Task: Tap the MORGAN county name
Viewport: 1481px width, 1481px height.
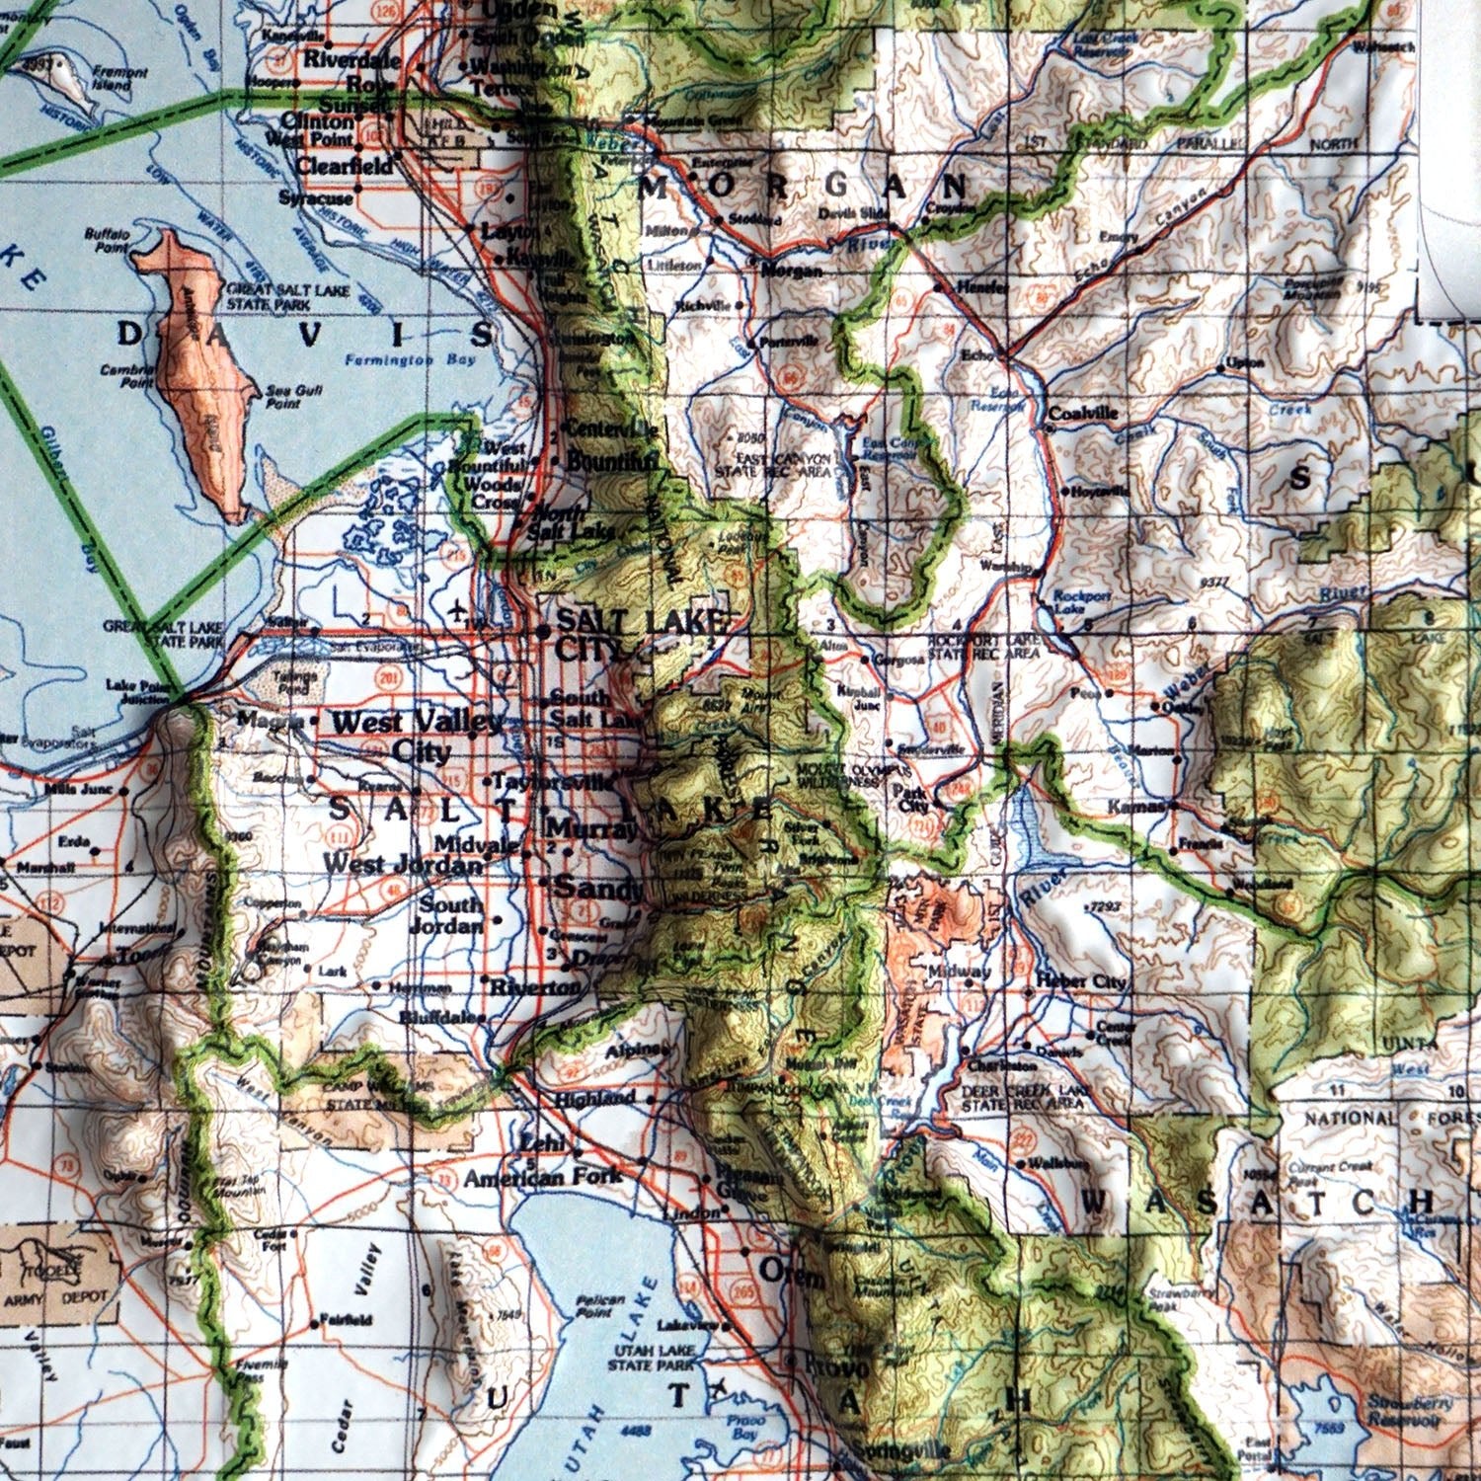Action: [x=805, y=186]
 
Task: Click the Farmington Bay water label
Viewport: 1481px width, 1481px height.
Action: [x=411, y=360]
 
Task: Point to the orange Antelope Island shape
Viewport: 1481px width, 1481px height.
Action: [x=202, y=375]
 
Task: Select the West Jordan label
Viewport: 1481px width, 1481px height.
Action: [x=403, y=862]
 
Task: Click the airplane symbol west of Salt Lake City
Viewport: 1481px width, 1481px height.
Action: [x=457, y=608]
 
